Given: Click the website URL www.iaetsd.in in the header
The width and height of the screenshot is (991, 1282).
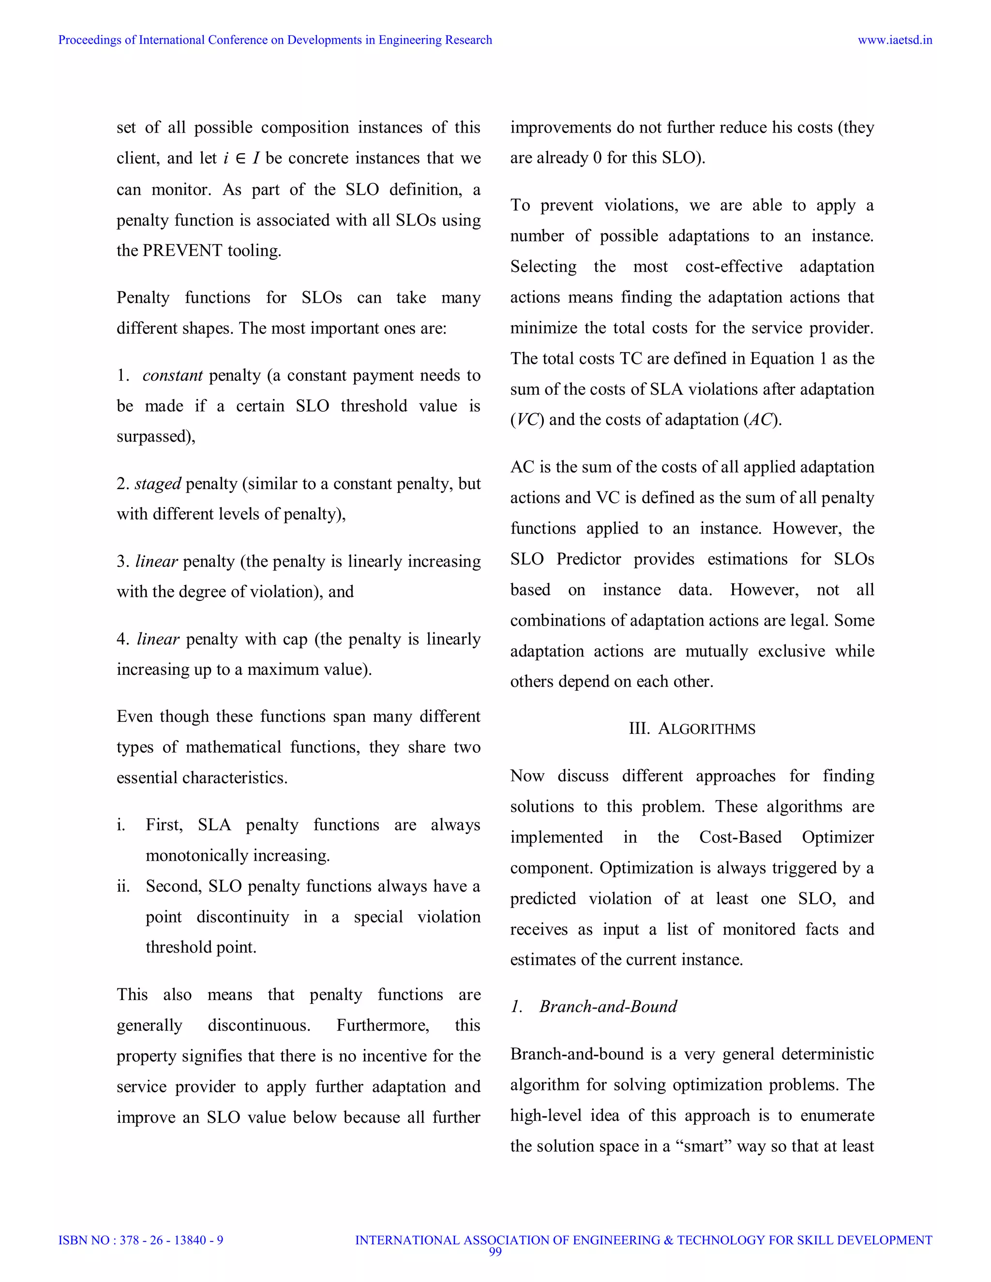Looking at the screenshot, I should point(895,40).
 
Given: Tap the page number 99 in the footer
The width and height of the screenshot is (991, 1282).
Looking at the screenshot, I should point(495,1252).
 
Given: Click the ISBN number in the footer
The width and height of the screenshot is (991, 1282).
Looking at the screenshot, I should point(141,1240).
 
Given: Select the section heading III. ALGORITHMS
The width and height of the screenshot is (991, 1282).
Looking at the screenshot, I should point(691,729).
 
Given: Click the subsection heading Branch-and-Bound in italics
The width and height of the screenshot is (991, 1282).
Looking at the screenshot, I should point(608,1006).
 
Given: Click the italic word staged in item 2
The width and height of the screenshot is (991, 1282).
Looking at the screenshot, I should point(157,483).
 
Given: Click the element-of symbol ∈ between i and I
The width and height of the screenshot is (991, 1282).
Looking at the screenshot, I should point(240,159).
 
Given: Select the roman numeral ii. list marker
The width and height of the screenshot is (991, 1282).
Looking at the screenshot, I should point(123,886).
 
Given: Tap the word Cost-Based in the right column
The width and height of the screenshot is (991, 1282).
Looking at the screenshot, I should point(740,837).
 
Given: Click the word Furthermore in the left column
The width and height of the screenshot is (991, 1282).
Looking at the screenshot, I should point(382,1025).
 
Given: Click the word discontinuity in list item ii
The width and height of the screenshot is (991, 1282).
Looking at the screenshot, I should point(242,916).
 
